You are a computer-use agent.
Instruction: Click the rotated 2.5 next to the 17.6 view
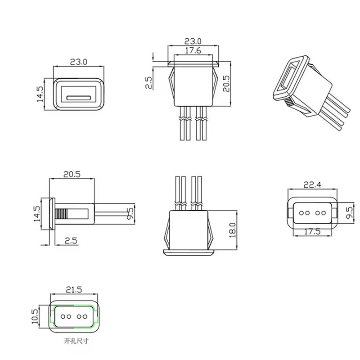coord(150,82)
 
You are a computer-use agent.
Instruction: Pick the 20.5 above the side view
coord(72,174)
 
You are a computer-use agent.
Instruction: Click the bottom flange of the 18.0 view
coord(188,252)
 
